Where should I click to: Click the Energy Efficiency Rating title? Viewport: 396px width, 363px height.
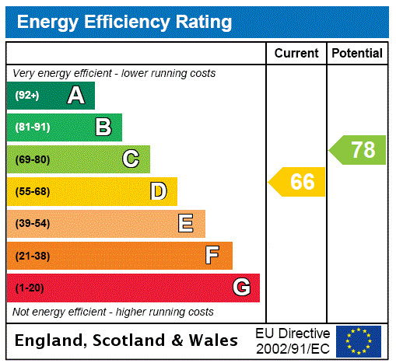coord(124,22)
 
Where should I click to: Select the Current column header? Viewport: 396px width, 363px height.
coord(296,54)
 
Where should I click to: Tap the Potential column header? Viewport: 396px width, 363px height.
coord(357,54)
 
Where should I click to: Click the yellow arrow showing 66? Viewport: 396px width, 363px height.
coord(298,182)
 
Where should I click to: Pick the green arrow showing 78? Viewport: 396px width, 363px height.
coord(359,150)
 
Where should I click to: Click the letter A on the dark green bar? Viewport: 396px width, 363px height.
coord(75,96)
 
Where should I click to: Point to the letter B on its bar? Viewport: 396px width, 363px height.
coord(103,127)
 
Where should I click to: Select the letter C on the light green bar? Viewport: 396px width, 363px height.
coord(131,159)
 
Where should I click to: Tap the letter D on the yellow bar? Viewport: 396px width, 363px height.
coord(159,191)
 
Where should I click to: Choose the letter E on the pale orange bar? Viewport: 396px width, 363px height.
coord(186,224)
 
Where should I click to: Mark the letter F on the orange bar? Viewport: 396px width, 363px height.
coord(212,256)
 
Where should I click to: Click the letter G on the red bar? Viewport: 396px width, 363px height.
coord(241,288)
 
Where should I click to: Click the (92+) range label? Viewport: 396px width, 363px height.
coord(27,96)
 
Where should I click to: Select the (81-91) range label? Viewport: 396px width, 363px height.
coord(32,127)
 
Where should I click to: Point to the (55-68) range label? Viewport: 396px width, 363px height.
coord(32,191)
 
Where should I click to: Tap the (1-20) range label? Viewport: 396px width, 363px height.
coord(30,288)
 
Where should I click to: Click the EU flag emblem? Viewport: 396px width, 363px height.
coord(359,340)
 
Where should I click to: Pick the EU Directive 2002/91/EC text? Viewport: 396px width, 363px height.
coord(293,340)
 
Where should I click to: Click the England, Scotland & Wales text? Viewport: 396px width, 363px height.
coord(127,340)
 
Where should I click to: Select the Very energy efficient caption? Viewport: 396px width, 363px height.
coord(114,73)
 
